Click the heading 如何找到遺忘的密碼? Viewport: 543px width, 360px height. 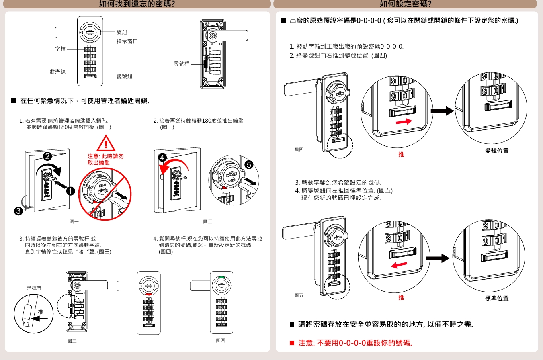[137, 4]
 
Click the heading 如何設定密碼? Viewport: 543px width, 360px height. [406, 4]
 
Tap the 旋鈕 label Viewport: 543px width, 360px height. [122, 32]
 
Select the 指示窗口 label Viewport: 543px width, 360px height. [127, 41]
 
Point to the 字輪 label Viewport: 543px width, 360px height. [60, 49]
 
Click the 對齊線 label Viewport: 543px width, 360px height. [57, 72]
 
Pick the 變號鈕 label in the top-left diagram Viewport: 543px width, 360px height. [124, 76]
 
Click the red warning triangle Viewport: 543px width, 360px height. [105, 144]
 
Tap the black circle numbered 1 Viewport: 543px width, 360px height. [71, 191]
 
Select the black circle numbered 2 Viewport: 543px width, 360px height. [47, 156]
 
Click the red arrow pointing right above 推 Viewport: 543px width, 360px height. [404, 121]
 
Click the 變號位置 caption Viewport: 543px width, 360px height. [497, 151]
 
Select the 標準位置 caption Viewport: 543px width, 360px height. [497, 298]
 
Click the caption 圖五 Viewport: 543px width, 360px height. [299, 295]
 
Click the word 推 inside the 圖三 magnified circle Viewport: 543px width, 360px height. [40, 312]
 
